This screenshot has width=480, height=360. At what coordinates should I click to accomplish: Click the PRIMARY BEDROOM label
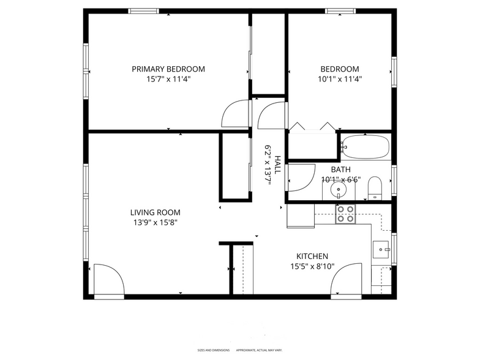pos(168,69)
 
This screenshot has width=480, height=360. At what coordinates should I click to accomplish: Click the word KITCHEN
pos(312,257)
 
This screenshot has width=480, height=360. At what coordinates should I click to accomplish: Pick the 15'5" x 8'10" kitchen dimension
pos(312,266)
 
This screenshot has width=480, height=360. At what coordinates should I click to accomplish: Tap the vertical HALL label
pos(277,165)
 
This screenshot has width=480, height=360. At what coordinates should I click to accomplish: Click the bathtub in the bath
pos(366,147)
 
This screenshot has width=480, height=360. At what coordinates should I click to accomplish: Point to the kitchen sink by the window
pos(381,249)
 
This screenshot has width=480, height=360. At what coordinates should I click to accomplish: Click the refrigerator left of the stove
pos(300,216)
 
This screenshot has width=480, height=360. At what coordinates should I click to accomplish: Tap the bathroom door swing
pos(299,178)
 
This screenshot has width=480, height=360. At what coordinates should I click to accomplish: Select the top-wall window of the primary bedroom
pos(143,11)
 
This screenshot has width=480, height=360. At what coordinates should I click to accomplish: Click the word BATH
pos(340,170)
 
